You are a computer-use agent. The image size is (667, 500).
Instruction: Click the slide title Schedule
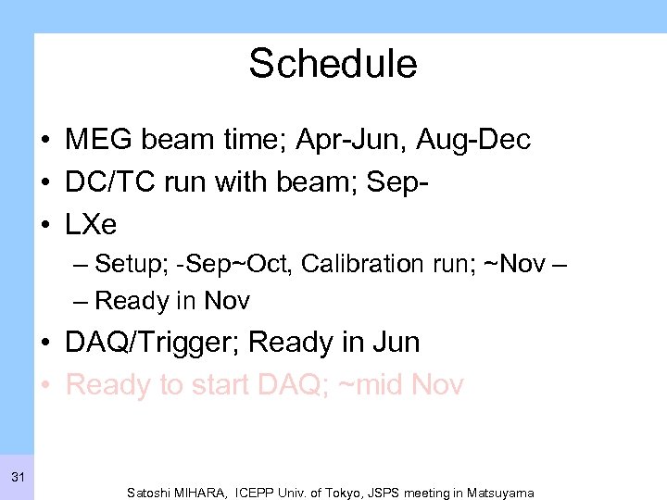coord(333,64)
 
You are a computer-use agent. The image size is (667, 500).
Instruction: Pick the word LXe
coord(91,225)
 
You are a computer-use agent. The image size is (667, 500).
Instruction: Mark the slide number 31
coord(18,478)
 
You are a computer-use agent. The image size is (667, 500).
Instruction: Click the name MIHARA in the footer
coord(207,493)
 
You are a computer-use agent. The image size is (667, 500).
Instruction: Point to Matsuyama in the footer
coord(501,493)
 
